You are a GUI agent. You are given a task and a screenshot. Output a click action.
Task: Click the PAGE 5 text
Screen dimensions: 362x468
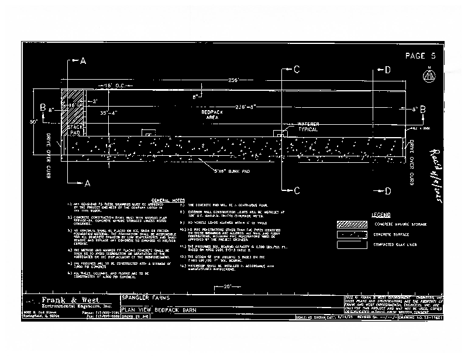421,56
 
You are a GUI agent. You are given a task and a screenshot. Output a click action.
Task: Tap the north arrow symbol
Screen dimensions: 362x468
429,76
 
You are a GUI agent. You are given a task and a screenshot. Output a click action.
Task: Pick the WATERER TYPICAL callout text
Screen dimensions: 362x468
308,127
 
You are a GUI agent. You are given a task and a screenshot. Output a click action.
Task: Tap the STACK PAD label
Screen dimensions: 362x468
74,129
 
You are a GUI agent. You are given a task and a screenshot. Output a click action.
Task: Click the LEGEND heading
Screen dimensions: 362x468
380,215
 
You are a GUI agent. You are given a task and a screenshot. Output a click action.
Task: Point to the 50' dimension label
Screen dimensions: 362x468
34,122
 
